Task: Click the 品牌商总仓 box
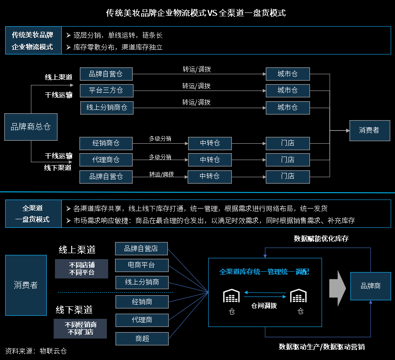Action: click(x=30, y=127)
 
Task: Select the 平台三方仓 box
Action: click(x=106, y=91)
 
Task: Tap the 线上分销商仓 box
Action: click(x=106, y=108)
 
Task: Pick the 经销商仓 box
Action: click(x=106, y=143)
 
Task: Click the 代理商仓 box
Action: click(x=106, y=160)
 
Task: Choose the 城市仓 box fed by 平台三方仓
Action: click(x=287, y=91)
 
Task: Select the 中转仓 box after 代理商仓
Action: click(x=210, y=160)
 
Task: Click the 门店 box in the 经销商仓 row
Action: click(x=287, y=143)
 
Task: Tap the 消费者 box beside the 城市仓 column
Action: click(x=369, y=130)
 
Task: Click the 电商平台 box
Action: click(x=142, y=265)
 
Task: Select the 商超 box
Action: click(x=142, y=339)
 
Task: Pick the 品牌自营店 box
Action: click(x=141, y=248)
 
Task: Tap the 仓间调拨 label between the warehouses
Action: click(x=264, y=306)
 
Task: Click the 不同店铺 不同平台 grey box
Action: click(x=82, y=269)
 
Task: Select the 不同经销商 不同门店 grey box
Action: click(x=80, y=328)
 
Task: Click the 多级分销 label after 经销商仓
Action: click(x=160, y=139)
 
